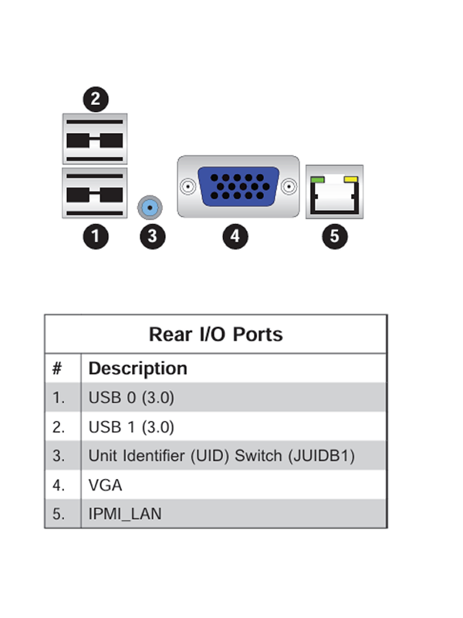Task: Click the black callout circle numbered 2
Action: pos(96,99)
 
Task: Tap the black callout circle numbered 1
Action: pos(96,236)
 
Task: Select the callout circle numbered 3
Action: pos(153,236)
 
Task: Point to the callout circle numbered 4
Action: pos(235,236)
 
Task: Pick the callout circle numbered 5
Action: pos(335,236)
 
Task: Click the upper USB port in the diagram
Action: pos(95,139)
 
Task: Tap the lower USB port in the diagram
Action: pos(95,193)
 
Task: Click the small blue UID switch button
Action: pos(150,207)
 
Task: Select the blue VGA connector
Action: pos(238,186)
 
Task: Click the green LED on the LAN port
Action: pos(317,180)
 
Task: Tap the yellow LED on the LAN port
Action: pos(351,180)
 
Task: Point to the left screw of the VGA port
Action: pos(188,186)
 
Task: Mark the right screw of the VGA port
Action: pos(289,186)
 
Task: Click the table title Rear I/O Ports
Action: pos(216,334)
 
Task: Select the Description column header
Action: pos(138,368)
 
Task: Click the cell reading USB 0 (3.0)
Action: pos(131,397)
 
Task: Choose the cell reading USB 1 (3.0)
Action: pos(131,427)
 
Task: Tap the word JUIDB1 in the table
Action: pos(321,456)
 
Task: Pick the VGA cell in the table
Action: pos(105,485)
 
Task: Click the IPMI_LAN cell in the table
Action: pos(125,514)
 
